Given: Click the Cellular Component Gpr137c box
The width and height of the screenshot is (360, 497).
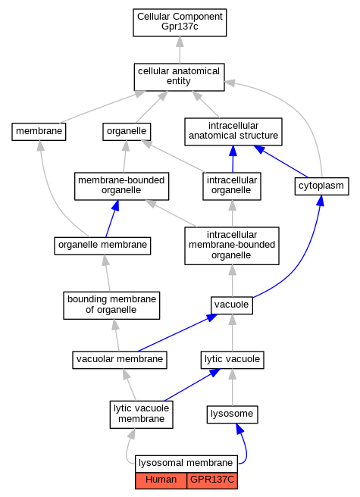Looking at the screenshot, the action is tap(180, 23).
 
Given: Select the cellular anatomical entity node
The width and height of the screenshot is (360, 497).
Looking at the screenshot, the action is tap(179, 77).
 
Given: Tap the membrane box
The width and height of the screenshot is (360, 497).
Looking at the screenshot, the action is tap(39, 132).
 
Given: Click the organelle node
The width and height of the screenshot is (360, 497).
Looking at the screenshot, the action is tap(127, 132).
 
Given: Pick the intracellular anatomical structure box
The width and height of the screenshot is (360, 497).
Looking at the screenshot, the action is tap(233, 132).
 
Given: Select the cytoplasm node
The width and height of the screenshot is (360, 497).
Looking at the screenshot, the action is tap(321, 186).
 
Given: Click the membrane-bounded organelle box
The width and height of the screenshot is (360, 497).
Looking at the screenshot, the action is tap(121, 186).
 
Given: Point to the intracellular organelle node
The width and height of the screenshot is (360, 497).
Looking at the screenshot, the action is tap(232, 186).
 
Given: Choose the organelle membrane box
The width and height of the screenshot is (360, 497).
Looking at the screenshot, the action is tap(102, 245).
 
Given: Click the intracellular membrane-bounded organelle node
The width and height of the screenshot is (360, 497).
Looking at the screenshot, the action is tap(232, 245).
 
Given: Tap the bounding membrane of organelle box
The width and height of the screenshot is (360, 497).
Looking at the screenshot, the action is tap(111, 305).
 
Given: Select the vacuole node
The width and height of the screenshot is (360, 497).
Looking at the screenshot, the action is tap(232, 305).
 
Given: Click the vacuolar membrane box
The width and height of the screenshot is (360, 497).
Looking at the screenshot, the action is tap(120, 360).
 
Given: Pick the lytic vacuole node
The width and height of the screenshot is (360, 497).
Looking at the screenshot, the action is tap(232, 360).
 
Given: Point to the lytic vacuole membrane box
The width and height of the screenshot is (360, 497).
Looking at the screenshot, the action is tap(142, 414).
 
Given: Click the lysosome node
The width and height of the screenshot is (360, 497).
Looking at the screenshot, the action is tap(232, 414).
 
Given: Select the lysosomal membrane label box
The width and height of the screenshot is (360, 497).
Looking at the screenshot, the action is tap(186, 464).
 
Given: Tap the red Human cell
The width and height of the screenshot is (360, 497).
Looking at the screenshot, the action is tap(161, 481).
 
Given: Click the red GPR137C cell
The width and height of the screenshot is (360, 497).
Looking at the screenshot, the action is tap(212, 481).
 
